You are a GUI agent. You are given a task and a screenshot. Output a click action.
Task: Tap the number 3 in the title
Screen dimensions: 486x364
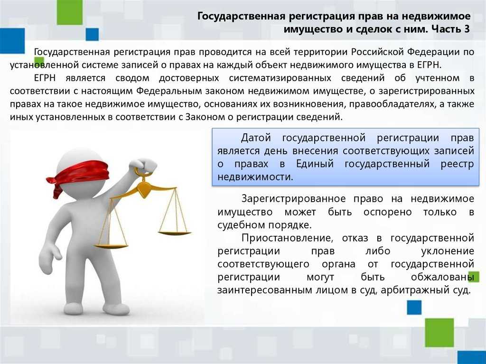[467, 29]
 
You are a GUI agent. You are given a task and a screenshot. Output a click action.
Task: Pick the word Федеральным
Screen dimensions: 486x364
[169, 91]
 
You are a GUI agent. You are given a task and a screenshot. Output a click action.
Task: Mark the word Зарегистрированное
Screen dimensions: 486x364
[293, 199]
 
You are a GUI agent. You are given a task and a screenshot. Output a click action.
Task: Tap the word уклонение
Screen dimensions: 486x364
[448, 251]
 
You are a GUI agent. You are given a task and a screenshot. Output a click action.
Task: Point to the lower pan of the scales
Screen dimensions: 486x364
[111, 246]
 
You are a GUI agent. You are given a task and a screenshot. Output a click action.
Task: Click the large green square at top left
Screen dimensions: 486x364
[70, 12]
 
